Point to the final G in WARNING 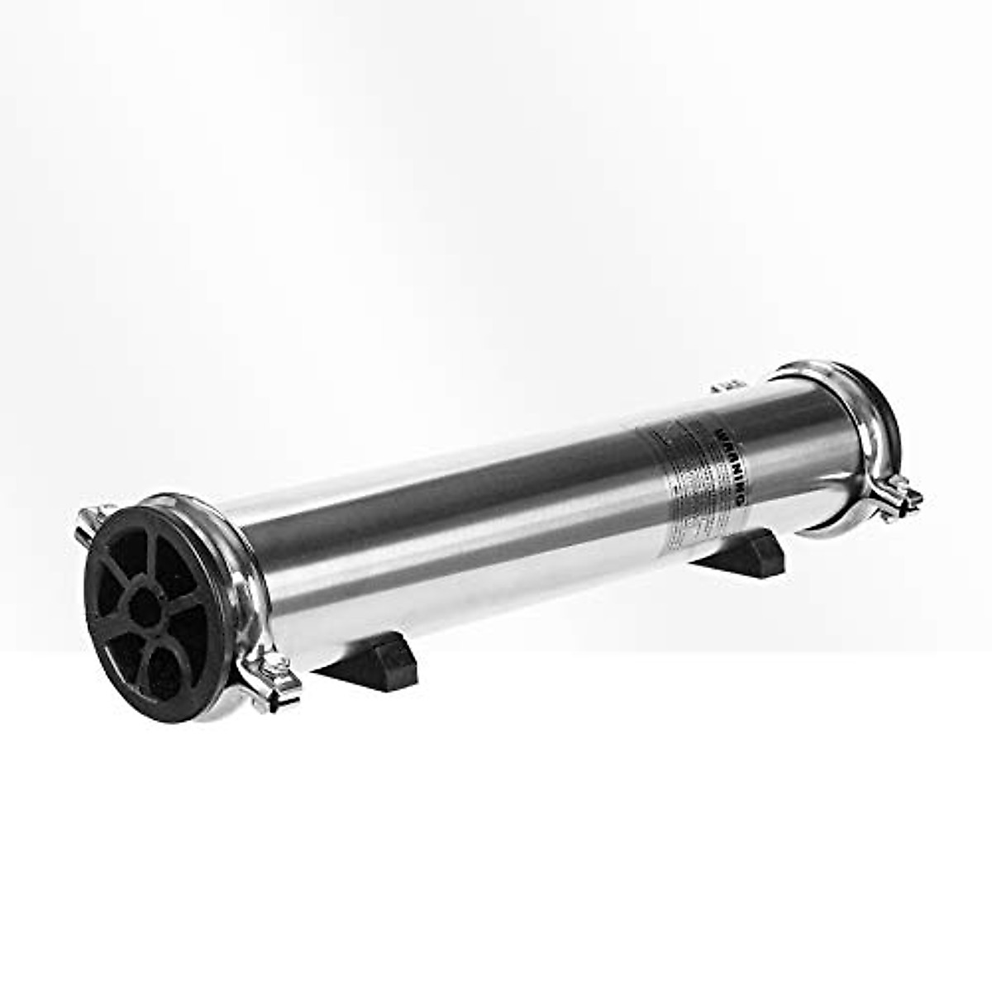[x=742, y=502]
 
